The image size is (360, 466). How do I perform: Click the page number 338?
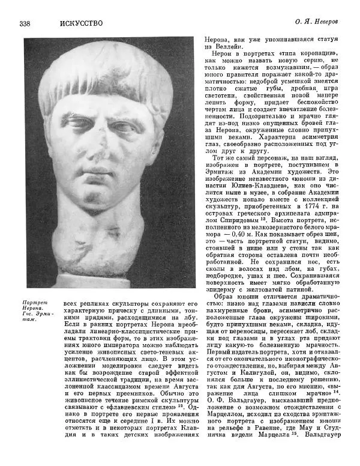[x=25, y=23]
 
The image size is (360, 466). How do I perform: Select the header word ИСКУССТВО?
[x=81, y=23]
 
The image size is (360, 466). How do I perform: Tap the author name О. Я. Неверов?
[x=319, y=23]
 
